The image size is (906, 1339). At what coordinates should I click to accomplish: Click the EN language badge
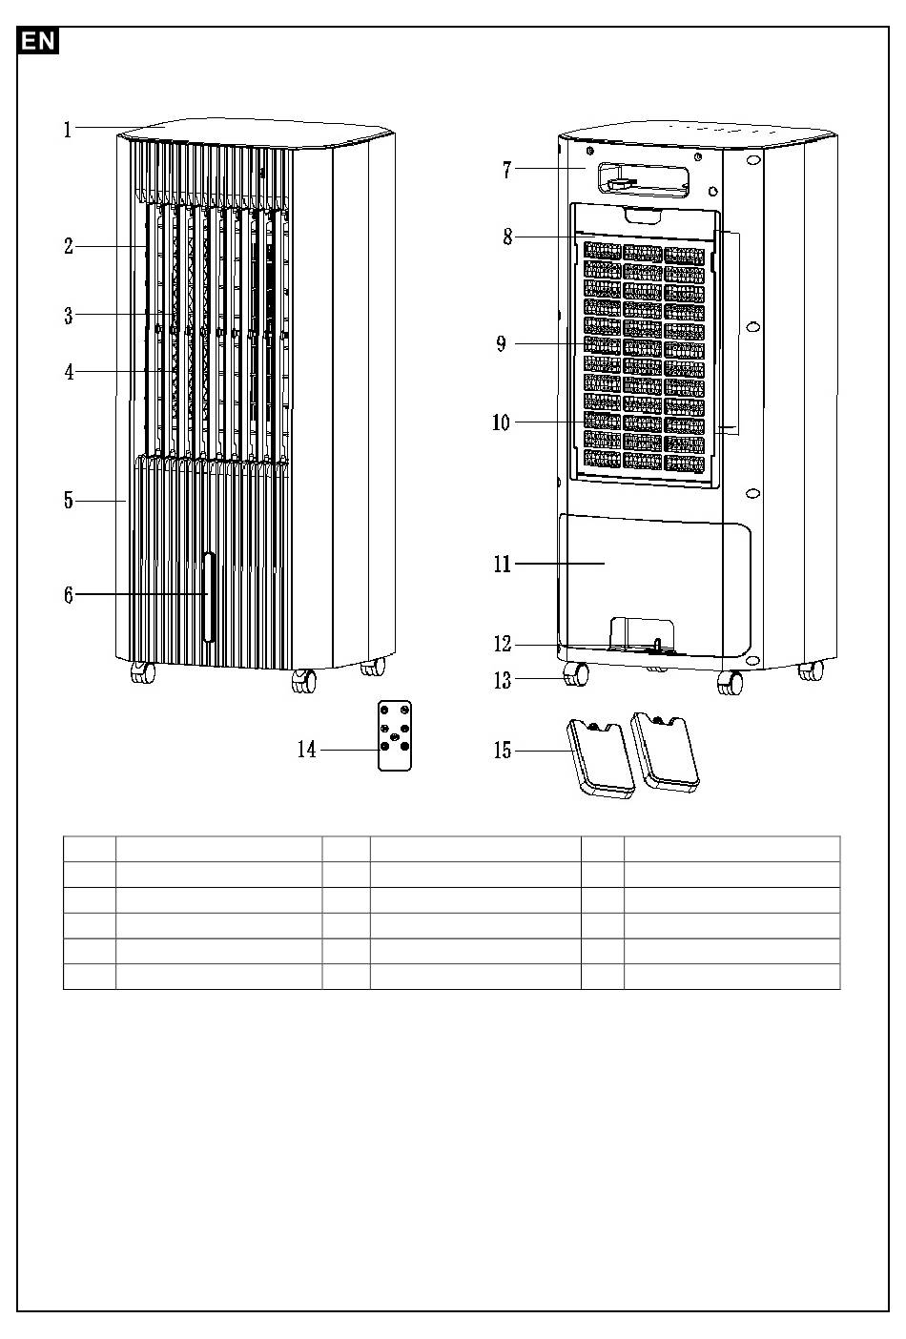(39, 41)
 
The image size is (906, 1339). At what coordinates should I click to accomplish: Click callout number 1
(68, 130)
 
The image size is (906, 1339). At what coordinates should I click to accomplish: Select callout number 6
(68, 596)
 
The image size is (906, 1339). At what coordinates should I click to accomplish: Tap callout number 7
(507, 171)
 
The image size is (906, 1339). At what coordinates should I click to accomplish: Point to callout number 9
(502, 344)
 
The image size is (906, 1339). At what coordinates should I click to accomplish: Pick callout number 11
(503, 565)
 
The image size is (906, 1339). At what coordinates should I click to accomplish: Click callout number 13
(503, 680)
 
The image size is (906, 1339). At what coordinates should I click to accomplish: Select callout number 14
(307, 750)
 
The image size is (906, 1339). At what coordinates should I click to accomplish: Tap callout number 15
(503, 752)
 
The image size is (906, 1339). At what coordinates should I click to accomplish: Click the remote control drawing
(395, 735)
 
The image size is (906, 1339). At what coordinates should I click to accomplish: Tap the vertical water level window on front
(209, 598)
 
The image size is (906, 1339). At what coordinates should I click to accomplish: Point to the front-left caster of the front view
(143, 672)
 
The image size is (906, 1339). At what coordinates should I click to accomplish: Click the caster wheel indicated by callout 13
(575, 675)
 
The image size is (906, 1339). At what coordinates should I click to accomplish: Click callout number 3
(69, 316)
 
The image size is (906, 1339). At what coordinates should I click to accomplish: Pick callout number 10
(502, 422)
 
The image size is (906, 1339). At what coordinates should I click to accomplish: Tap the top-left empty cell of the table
(90, 849)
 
